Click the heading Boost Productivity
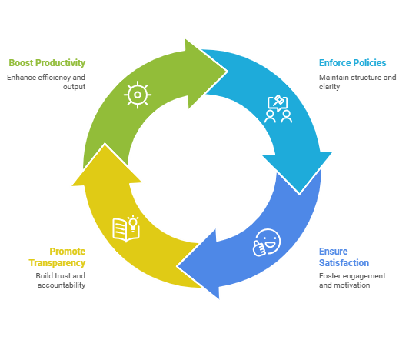point(47,63)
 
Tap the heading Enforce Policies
point(353,63)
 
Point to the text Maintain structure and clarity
point(357,82)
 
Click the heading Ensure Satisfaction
point(344,257)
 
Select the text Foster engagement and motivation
point(352,280)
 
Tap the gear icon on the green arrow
point(137,95)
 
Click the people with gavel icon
point(278,109)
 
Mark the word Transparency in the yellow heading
point(58,263)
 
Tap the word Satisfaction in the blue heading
point(344,263)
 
